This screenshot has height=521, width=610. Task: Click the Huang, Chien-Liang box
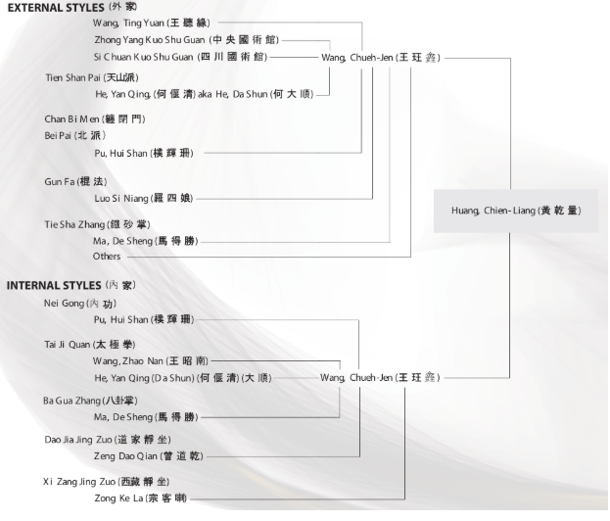[x=509, y=210]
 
